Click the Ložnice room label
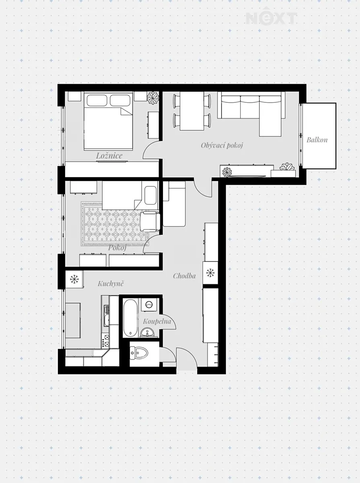[109, 156]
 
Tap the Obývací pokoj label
[222, 145]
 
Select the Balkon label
[317, 140]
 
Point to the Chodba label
[184, 276]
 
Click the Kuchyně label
[111, 283]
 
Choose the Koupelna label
[157, 322]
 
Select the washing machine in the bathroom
[149, 305]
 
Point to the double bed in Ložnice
[108, 121]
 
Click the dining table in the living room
[192, 111]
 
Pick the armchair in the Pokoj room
[150, 221]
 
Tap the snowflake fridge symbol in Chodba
[210, 273]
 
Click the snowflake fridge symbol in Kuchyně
[74, 279]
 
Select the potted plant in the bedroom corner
[153, 97]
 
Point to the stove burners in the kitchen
[105, 341]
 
